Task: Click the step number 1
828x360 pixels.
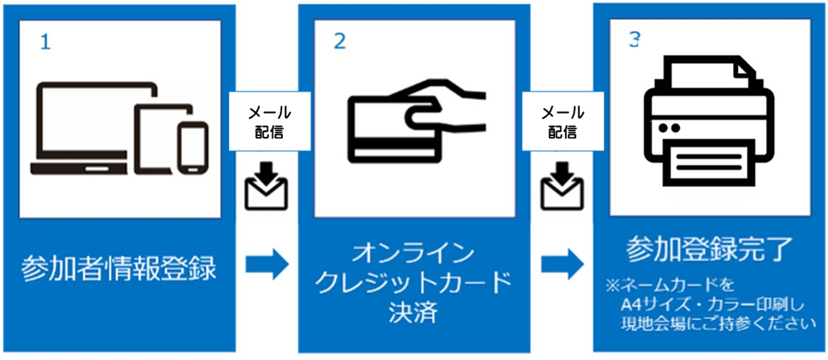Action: [x=46, y=42]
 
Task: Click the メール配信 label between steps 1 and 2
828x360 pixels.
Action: [x=267, y=121]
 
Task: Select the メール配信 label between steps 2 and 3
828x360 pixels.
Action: [x=561, y=121]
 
